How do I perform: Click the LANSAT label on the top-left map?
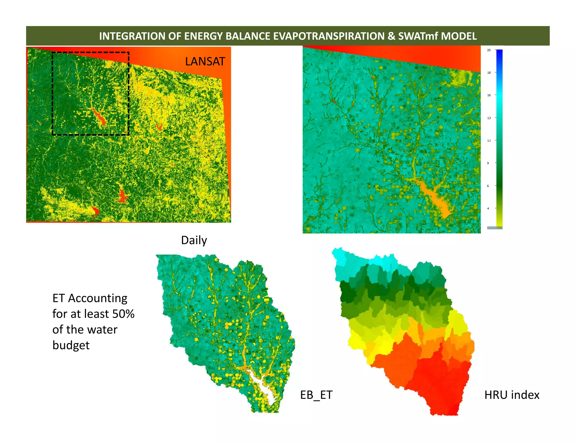[205, 61]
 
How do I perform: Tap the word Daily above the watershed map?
[194, 241]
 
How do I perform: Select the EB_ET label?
[316, 395]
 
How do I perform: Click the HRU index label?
[512, 395]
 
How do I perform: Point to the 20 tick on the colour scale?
[489, 50]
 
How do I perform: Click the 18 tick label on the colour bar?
[489, 73]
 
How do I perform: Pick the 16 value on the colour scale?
[489, 95]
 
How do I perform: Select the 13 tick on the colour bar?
[489, 118]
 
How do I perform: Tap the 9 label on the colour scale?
[488, 163]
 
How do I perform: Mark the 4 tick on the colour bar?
[488, 208]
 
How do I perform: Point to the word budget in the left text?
[71, 345]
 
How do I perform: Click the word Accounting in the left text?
[98, 298]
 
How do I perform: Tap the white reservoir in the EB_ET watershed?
[263, 385]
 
